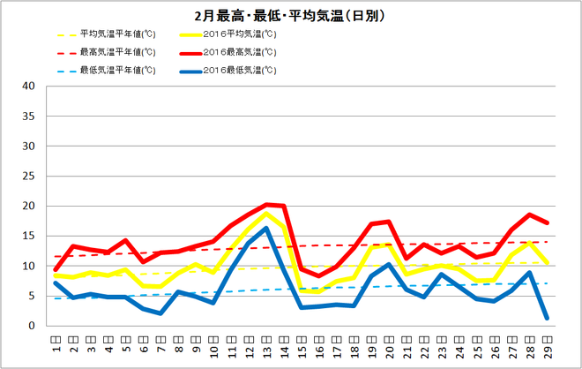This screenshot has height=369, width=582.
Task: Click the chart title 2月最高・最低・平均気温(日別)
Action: tap(292, 16)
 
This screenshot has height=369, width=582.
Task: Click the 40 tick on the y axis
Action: tap(28, 87)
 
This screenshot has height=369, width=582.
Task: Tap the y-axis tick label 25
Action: tap(28, 177)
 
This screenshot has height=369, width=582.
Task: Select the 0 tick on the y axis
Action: tap(31, 326)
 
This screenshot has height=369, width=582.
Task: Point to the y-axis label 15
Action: tap(28, 236)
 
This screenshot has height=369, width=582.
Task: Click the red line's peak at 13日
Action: tap(266, 205)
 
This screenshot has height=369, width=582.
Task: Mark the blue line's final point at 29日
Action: tap(547, 318)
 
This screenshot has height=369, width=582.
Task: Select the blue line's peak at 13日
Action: tap(266, 228)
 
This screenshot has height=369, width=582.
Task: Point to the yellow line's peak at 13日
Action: tap(266, 214)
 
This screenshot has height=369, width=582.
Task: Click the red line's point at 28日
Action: tap(529, 215)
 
